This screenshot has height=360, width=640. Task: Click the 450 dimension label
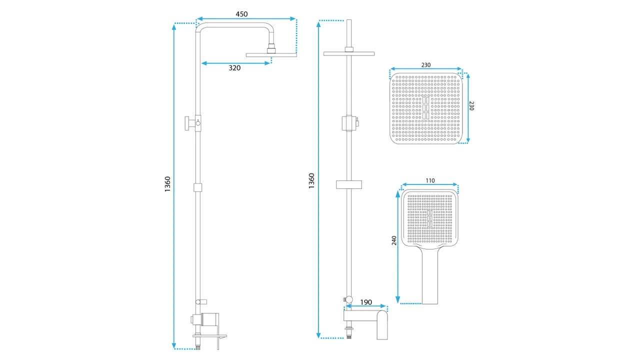[241, 14]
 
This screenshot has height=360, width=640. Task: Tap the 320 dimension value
[234, 68]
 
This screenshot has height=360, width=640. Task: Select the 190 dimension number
[366, 302]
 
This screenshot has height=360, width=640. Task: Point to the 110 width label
[430, 180]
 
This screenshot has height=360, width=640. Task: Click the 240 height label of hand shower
[394, 240]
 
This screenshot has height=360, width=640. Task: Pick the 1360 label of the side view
[167, 184]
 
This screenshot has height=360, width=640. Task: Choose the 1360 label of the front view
[311, 180]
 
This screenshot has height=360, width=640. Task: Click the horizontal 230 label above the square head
[425, 65]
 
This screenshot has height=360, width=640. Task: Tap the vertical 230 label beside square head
[471, 105]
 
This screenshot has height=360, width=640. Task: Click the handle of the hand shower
[429, 275]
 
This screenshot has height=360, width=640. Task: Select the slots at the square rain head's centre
[425, 108]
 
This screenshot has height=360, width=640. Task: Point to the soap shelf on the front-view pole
[349, 184]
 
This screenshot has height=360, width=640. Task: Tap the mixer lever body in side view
[210, 319]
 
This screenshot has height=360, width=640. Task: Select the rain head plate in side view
[271, 55]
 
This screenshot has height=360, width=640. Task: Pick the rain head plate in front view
[349, 53]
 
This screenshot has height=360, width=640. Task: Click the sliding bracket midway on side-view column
[197, 187]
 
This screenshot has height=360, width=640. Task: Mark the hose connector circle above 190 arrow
[349, 299]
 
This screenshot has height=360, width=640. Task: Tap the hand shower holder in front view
[349, 123]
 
